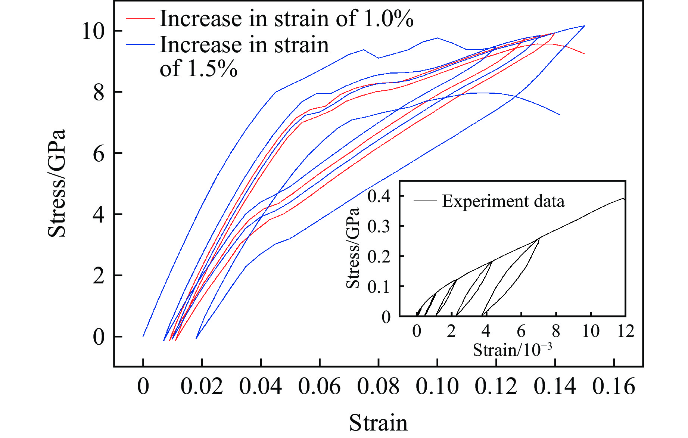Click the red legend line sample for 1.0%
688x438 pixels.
[140, 18]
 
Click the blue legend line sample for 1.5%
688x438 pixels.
[140, 45]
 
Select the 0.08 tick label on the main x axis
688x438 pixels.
[378, 386]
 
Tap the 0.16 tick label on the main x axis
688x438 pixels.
[614, 386]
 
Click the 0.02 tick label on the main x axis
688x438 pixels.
[202, 386]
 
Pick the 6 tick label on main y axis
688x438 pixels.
[99, 153]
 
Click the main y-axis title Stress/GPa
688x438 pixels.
[57, 183]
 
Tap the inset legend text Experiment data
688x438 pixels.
[503, 201]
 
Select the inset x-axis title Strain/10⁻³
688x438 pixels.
[512, 350]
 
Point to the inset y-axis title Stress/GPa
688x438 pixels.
[353, 248]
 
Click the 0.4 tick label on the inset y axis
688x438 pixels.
[379, 196]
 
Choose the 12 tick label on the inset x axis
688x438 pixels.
[626, 331]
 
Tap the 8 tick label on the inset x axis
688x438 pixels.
[556, 331]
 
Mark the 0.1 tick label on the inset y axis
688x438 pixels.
[379, 287]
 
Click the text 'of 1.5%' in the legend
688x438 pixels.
[199, 69]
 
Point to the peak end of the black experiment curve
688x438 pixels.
[623, 198]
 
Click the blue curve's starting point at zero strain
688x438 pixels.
[143, 336]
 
